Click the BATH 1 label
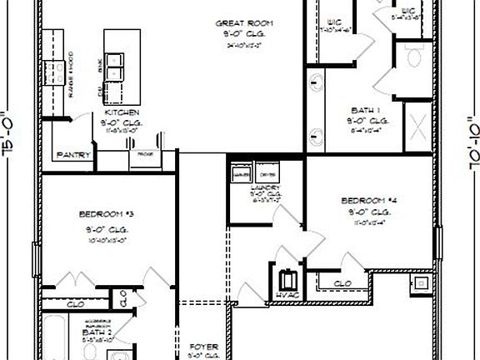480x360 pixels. [365, 109]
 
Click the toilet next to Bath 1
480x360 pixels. [417, 55]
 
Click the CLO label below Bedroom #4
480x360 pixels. [342, 284]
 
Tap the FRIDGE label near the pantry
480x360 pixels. [144, 155]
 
